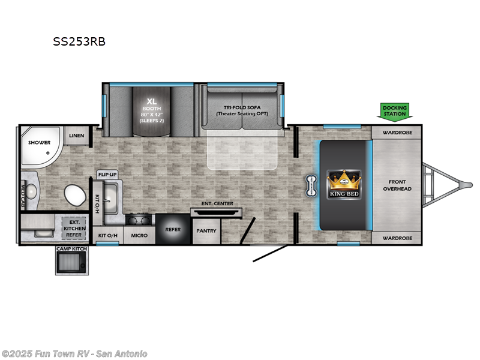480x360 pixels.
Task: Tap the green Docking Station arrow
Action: (x=395, y=110)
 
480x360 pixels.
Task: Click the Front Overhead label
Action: (x=397, y=185)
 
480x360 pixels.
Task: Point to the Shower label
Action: (x=39, y=142)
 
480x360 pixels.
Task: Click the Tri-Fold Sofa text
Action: (x=241, y=110)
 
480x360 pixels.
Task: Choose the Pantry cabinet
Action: (x=206, y=231)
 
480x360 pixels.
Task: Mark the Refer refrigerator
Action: (x=172, y=229)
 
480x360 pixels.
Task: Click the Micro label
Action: (x=139, y=235)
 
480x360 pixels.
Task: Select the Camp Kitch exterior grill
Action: (x=71, y=262)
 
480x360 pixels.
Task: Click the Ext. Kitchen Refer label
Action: (x=74, y=229)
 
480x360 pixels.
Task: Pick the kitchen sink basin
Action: (x=110, y=194)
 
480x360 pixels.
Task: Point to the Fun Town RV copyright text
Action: (x=74, y=354)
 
